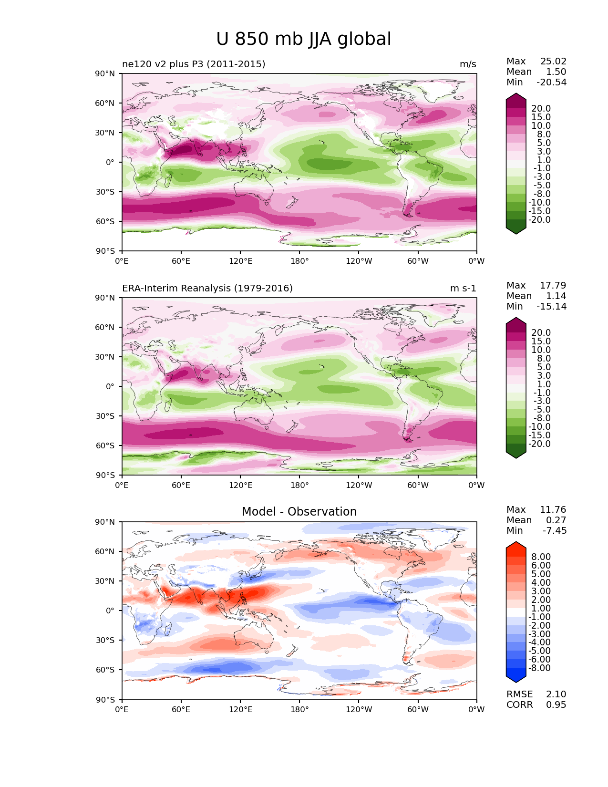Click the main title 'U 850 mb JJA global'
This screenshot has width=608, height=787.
click(x=303, y=39)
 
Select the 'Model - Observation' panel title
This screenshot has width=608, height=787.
click(x=299, y=512)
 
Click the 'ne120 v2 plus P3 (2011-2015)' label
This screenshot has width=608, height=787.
click(x=194, y=64)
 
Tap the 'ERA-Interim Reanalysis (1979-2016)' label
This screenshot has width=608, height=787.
click(x=207, y=289)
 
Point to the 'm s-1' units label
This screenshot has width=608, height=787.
click(x=463, y=289)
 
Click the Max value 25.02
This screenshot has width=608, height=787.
click(x=553, y=62)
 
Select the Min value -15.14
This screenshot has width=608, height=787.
click(x=552, y=307)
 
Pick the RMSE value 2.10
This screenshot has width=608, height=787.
click(x=556, y=694)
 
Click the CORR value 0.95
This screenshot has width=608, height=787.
click(x=556, y=705)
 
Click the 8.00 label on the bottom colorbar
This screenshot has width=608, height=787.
click(x=541, y=557)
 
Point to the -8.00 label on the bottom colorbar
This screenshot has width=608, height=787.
click(x=539, y=668)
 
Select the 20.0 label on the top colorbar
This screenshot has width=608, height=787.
click(x=541, y=109)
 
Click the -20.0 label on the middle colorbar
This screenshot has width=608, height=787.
click(x=539, y=444)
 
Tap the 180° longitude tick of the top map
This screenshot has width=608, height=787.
click(x=299, y=261)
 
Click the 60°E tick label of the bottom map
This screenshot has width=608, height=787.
click(x=181, y=710)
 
